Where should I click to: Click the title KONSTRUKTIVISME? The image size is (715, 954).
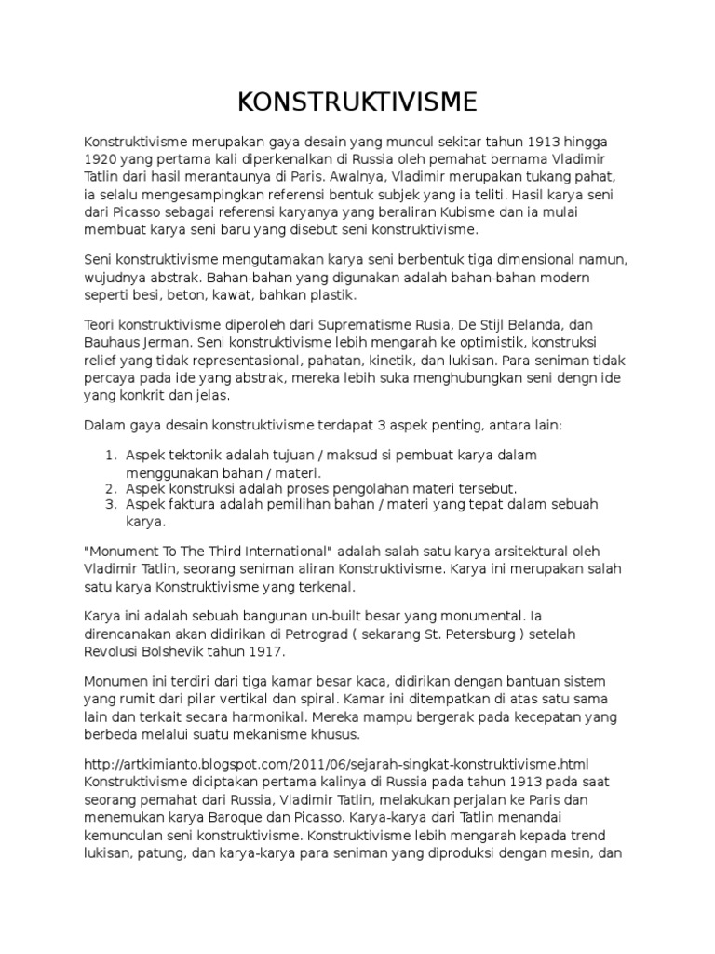coord(357,100)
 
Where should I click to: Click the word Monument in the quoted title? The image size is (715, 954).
coord(122,551)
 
